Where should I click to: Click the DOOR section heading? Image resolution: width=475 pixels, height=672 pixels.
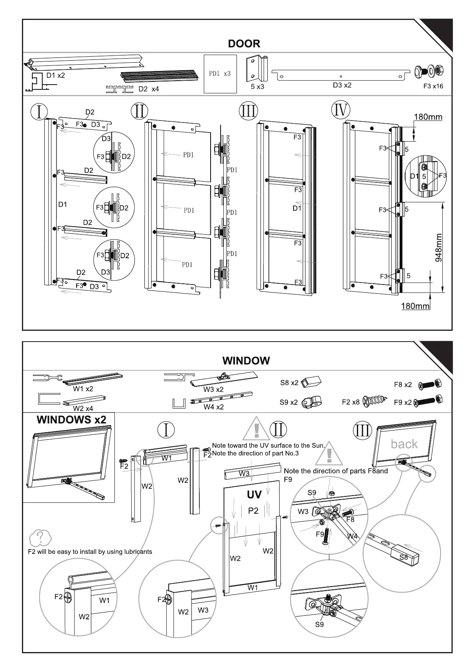pos(244,43)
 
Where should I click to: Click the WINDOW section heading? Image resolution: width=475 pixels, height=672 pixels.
pos(246,361)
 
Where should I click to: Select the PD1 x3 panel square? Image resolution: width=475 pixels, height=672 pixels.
pos(220,74)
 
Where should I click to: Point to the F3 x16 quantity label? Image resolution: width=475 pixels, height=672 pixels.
pos(433,86)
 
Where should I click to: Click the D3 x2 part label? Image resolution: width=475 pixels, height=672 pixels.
pos(342,85)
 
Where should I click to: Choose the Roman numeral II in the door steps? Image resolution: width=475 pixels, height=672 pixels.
pos(139,111)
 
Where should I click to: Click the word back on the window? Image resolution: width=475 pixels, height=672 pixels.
pos(404,444)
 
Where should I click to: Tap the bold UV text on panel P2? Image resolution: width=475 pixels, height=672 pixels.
pos(254,495)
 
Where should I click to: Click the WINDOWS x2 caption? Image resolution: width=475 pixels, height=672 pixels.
pos(71,420)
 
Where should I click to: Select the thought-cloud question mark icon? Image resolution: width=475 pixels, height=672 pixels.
pos(40,538)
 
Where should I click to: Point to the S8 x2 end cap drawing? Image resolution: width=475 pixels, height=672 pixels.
pos(311,382)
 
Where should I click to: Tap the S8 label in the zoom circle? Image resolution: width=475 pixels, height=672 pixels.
pos(404,557)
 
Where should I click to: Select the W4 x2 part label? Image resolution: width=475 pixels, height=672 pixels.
pos(213,407)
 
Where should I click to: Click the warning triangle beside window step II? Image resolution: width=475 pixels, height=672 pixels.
pos(256,429)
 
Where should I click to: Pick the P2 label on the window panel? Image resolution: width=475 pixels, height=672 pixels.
pos(253,511)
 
